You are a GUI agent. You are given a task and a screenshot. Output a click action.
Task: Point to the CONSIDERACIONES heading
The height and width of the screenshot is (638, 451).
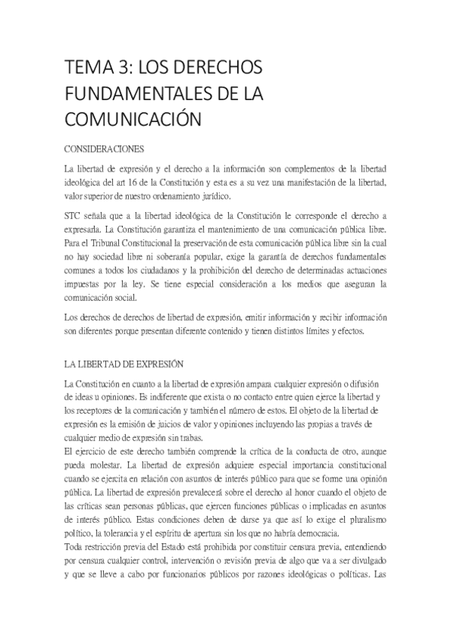(104, 148)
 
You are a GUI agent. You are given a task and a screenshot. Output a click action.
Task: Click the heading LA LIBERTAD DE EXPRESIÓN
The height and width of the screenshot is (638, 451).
(124, 364)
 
